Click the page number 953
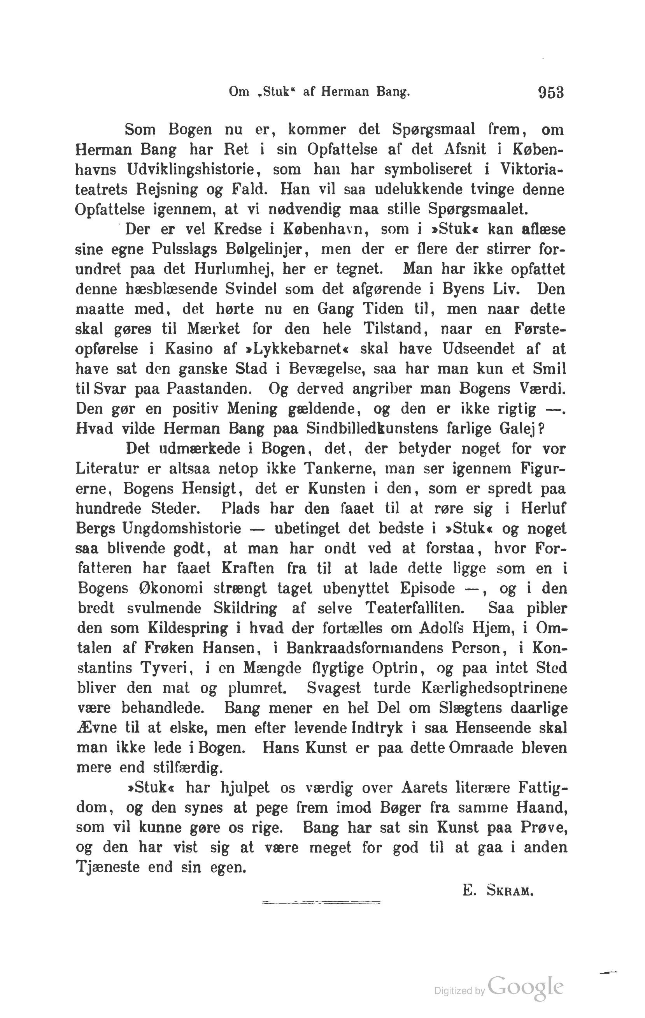[x=551, y=92]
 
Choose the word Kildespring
[x=188, y=628]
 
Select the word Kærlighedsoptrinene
[x=494, y=688]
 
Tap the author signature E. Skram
[x=498, y=891]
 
